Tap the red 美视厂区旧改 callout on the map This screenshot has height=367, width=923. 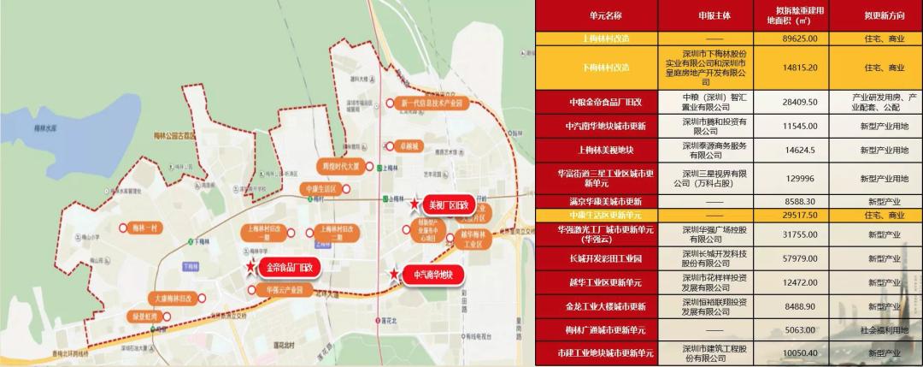click(449, 205)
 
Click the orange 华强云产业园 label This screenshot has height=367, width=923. click(285, 290)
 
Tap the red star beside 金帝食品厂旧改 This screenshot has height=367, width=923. click(250, 268)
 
